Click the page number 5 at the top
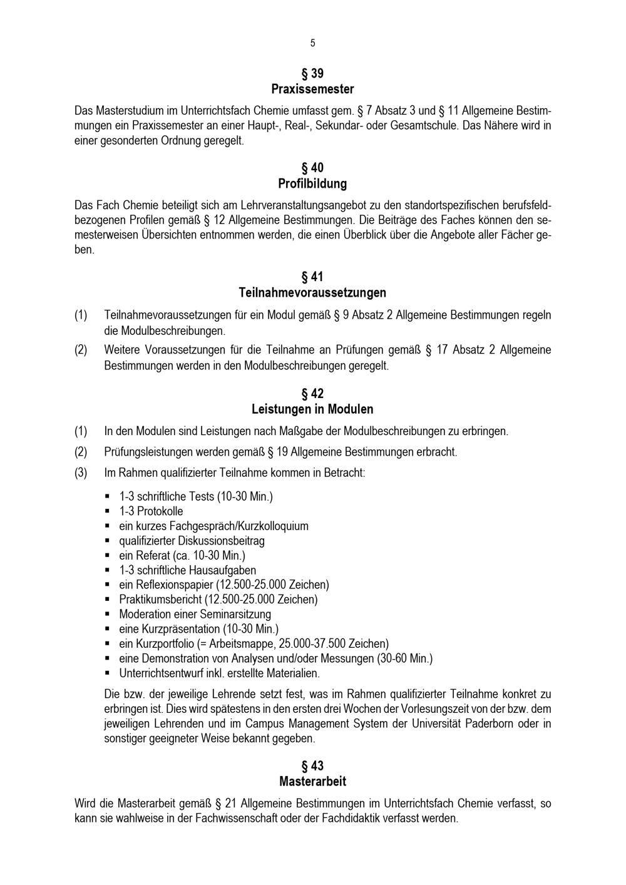pos(312,43)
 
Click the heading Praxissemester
pos(312,89)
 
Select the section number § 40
pos(312,168)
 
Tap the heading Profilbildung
pos(312,184)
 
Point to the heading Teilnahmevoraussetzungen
pos(312,293)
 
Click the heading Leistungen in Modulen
pos(312,409)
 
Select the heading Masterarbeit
pos(312,782)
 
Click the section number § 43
pos(312,766)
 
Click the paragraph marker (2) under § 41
pos(81,350)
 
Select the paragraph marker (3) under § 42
pos(81,473)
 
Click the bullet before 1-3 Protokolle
pos(108,511)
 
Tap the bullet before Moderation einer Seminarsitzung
pos(108,615)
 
